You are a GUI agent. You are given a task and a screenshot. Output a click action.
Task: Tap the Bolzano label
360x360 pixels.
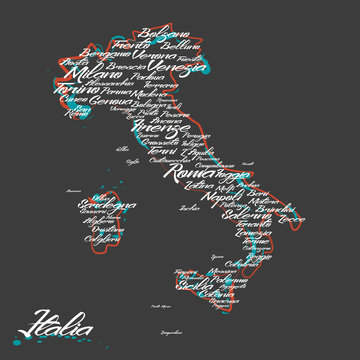(x=162, y=34)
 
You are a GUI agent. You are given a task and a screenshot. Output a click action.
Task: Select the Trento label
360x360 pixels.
(x=132, y=45)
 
